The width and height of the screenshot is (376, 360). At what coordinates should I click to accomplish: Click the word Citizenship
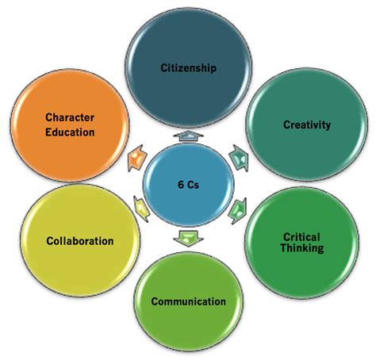[188, 68]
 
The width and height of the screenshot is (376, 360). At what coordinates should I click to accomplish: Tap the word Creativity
[307, 124]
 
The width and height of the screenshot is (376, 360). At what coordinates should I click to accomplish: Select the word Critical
[301, 237]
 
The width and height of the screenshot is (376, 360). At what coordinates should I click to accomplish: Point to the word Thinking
[302, 248]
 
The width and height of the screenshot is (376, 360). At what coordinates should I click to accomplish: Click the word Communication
[188, 301]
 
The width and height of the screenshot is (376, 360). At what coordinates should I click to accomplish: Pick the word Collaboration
[80, 241]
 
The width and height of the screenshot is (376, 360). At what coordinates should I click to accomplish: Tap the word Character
[70, 117]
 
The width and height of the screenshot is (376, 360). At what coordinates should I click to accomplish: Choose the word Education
[70, 132]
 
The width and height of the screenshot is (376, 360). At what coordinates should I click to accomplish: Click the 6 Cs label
[188, 185]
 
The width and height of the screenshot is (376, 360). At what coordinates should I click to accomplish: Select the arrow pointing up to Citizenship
[188, 136]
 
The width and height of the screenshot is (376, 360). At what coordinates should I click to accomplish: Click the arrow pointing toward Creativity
[240, 158]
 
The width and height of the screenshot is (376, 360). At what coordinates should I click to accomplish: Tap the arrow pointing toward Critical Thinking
[238, 211]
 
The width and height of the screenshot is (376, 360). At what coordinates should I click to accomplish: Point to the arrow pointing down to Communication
[188, 239]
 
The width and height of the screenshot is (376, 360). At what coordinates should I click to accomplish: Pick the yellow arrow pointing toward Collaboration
[140, 209]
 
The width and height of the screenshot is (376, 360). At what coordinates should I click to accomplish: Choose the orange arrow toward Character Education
[136, 159]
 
